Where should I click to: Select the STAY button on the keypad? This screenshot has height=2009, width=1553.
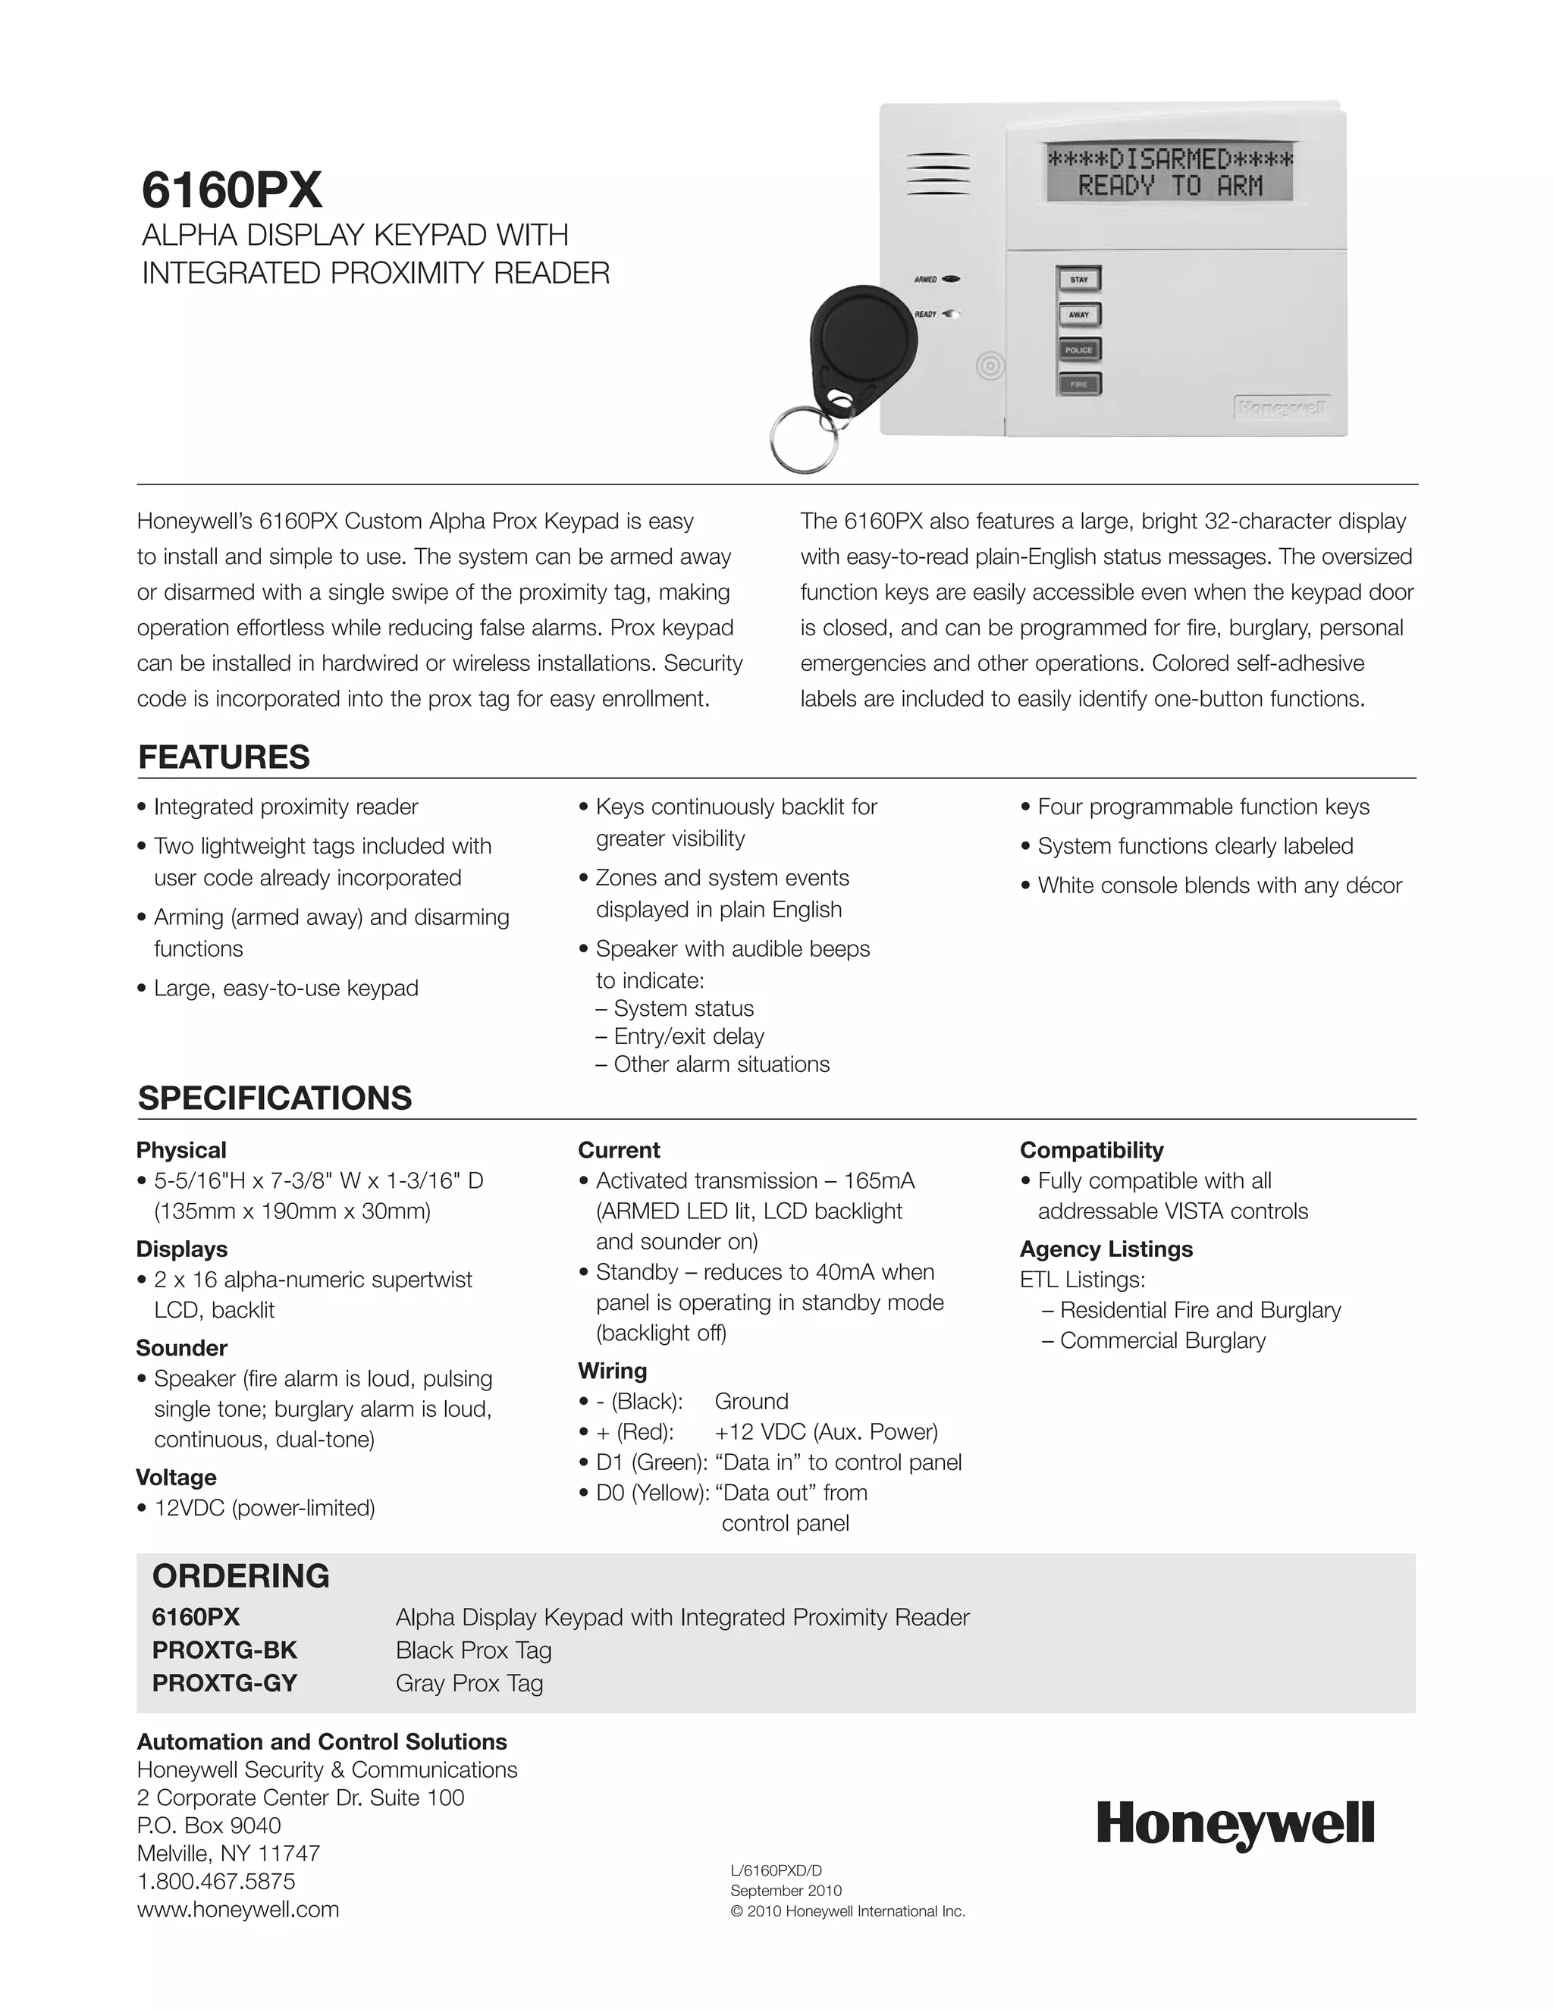click(x=1078, y=280)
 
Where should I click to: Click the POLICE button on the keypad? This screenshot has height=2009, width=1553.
click(x=1078, y=349)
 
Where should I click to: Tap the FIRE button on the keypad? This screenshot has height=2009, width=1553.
click(x=1078, y=384)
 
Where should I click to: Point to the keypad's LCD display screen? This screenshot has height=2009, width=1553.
click(x=1169, y=173)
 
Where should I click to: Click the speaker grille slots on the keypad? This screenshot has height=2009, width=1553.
click(x=939, y=174)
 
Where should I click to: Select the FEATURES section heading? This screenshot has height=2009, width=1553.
click(x=224, y=757)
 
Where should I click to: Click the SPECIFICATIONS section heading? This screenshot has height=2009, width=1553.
click(x=275, y=1098)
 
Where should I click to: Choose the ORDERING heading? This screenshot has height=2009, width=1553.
click(x=241, y=1576)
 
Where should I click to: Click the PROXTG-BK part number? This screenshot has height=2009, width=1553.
click(x=224, y=1650)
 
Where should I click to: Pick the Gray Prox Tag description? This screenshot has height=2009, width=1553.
click(x=469, y=1682)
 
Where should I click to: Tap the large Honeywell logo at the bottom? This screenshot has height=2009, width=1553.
click(x=1235, y=1824)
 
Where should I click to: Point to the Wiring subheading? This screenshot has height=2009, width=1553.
click(x=613, y=1371)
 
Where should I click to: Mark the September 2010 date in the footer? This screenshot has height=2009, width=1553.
click(x=786, y=1891)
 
